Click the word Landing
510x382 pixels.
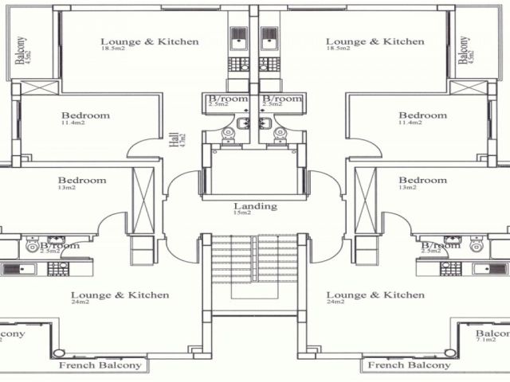[255, 206]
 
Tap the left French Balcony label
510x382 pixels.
[100, 365]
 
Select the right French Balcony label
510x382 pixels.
[408, 365]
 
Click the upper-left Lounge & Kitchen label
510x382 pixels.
[150, 41]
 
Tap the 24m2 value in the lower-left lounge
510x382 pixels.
[80, 302]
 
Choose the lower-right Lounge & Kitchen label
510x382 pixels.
[375, 295]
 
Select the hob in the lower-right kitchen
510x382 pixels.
[450, 269]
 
